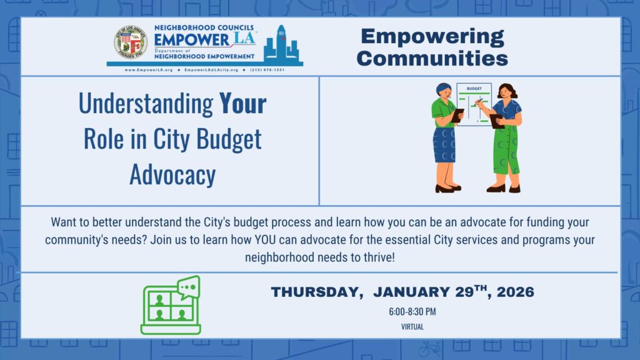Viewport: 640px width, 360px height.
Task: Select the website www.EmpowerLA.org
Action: click(x=149, y=70)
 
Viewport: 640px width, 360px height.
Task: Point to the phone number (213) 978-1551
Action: click(x=267, y=70)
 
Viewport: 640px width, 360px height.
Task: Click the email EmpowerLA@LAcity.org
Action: click(x=211, y=70)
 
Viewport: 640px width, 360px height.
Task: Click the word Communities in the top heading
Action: click(x=433, y=58)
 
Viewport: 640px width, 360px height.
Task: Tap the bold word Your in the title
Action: click(x=242, y=104)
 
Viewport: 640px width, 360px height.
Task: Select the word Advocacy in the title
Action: click(x=172, y=175)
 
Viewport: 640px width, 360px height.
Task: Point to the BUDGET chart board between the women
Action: click(x=473, y=103)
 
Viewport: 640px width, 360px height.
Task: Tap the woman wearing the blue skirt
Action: click(x=445, y=137)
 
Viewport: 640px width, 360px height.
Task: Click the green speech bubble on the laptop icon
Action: click(x=188, y=287)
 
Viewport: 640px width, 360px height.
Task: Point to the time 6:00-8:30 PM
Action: click(x=412, y=311)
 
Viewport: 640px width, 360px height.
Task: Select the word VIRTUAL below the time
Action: click(x=412, y=326)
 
